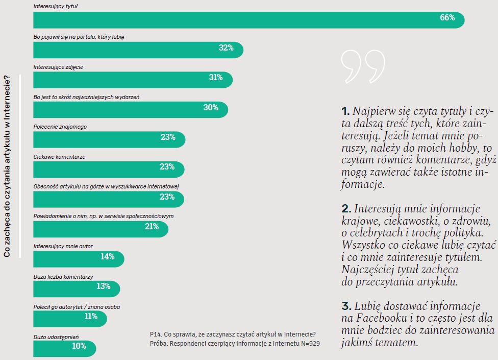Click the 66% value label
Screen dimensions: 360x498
tap(447, 18)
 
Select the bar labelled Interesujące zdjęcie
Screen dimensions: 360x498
tap(133, 79)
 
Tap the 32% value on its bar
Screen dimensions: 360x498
tap(226, 48)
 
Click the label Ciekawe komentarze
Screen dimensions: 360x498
tap(59, 157)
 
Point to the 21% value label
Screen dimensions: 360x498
tap(152, 227)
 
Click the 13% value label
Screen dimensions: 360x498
tap(104, 286)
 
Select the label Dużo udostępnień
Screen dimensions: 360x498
tap(56, 337)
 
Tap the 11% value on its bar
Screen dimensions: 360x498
tap(91, 317)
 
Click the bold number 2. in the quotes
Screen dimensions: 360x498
tap(346, 209)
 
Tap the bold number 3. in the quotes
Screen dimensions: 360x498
tap(346, 306)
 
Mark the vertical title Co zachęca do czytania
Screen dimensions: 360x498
tap(7, 165)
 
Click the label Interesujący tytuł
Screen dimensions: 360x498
tap(59, 7)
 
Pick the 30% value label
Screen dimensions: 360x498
tap(211, 108)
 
